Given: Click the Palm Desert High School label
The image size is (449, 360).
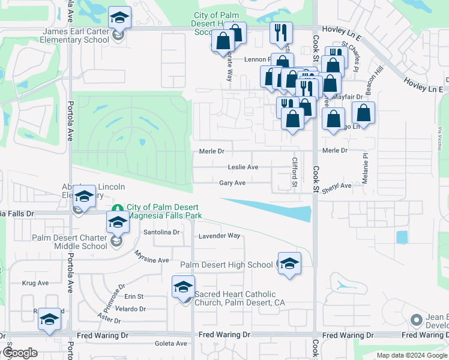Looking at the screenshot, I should [226, 265].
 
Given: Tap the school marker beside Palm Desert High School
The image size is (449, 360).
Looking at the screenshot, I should [289, 263].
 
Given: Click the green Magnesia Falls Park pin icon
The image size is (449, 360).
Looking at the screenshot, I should [118, 209].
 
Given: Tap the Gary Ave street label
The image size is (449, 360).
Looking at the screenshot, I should [232, 183].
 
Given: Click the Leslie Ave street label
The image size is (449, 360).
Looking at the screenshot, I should [243, 167].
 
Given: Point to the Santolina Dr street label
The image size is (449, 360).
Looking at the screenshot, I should [161, 232].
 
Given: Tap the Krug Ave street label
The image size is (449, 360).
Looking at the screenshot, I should [35, 283].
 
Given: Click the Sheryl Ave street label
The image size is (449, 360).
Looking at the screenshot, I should [336, 186].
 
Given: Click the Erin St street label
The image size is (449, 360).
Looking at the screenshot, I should [134, 296].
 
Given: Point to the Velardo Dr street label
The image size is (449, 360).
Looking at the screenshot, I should [131, 309].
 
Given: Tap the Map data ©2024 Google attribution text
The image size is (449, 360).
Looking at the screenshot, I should [411, 355].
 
